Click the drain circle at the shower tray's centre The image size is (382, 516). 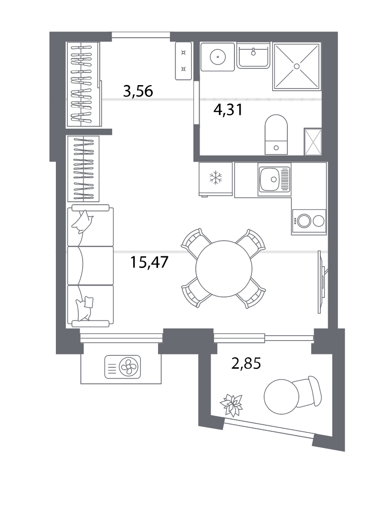(297, 66)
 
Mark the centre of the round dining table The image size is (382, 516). (223, 269)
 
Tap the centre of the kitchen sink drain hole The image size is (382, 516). (273, 179)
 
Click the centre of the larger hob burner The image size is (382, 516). (304, 221)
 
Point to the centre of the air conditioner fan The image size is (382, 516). (128, 367)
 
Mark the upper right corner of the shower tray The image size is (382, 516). (320, 43)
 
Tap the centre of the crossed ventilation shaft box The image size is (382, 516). (313, 142)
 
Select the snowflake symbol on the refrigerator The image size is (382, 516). (216, 177)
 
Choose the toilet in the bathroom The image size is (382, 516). (276, 134)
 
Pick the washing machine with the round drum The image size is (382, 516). (217, 56)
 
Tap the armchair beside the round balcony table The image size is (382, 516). (307, 391)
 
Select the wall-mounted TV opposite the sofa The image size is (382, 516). (322, 282)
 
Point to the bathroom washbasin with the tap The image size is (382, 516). (253, 55)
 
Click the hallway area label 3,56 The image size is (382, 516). (138, 91)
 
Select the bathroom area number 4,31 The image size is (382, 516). (228, 110)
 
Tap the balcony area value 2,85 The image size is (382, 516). (246, 363)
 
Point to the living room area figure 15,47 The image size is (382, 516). (149, 262)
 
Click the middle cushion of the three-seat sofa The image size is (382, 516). (90, 266)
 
